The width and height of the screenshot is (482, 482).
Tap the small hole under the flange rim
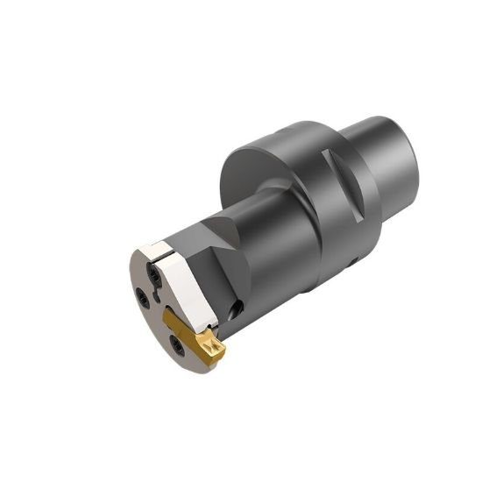point(354,262)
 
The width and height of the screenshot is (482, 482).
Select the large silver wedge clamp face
point(189,289)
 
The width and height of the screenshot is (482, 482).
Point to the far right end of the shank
point(415,158)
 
